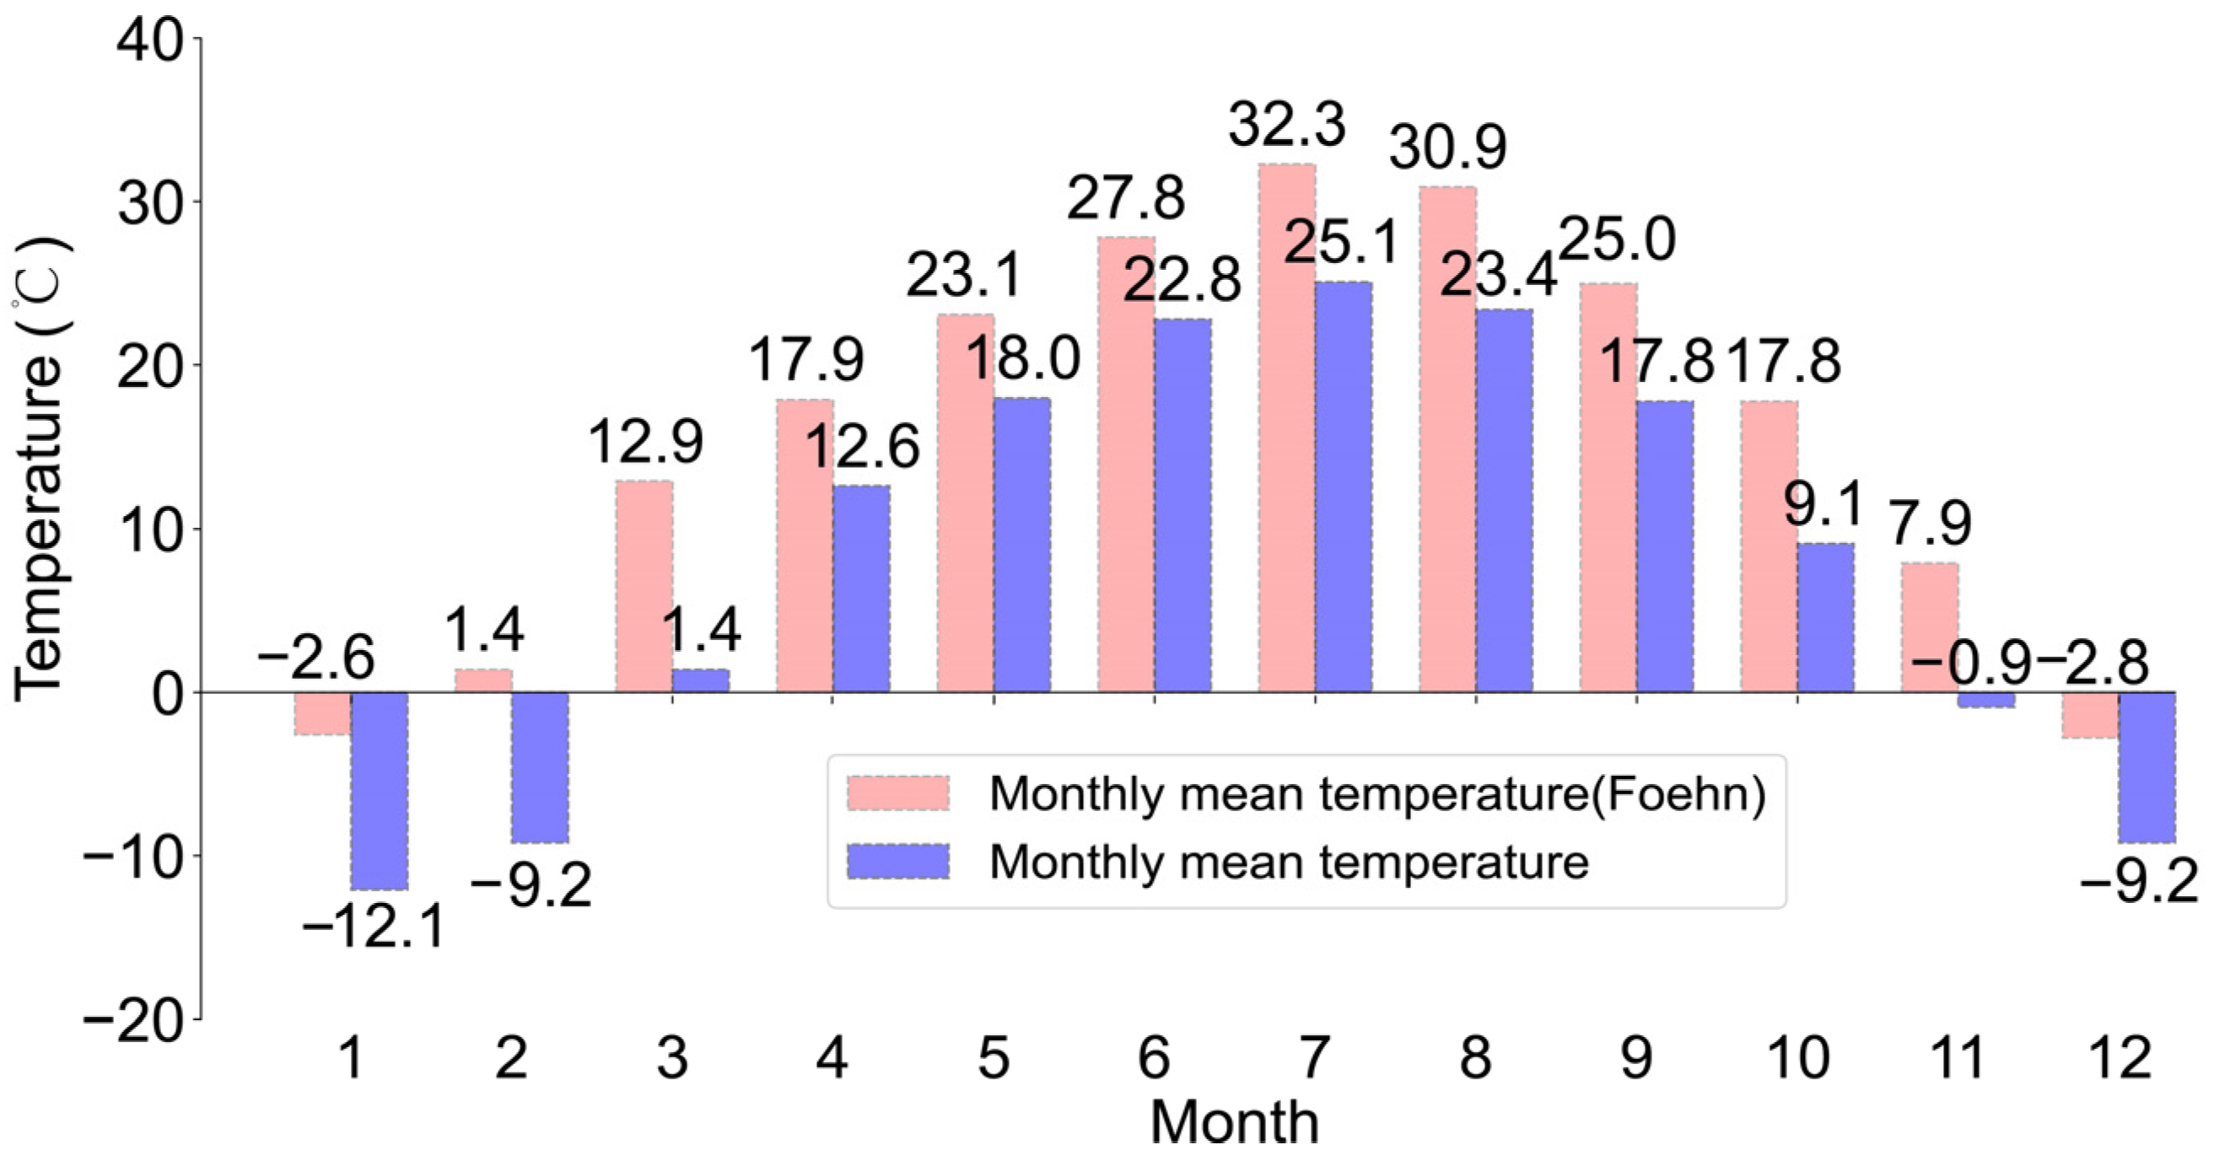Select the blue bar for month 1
click(379, 790)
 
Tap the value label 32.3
click(1285, 126)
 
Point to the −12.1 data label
click(374, 927)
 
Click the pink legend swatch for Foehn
click(897, 793)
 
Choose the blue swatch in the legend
click(897, 861)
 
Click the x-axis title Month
click(1233, 1122)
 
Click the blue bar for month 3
click(701, 680)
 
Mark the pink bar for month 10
click(1768, 546)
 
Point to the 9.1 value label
click(1823, 504)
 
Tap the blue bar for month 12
click(2146, 766)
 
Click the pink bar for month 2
click(483, 680)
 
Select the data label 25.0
click(1617, 239)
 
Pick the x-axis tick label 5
click(993, 1058)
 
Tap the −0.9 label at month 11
click(1969, 664)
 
